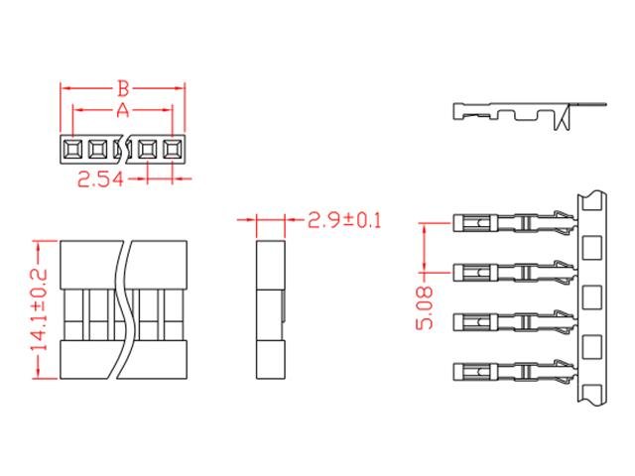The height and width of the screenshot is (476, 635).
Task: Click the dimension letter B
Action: tap(124, 87)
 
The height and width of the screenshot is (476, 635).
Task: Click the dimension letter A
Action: tap(123, 110)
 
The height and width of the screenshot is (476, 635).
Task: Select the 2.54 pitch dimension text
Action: tap(106, 179)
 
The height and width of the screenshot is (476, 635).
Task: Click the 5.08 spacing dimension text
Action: tap(425, 307)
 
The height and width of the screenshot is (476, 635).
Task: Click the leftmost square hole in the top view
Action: tap(72, 150)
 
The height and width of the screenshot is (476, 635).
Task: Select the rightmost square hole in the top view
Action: tap(174, 150)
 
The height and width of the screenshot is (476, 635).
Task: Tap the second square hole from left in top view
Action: tap(97, 150)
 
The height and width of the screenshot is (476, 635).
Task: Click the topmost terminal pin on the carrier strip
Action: tap(511, 220)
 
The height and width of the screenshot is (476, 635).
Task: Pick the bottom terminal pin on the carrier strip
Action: tap(511, 372)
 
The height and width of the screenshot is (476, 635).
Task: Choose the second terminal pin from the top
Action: tap(511, 271)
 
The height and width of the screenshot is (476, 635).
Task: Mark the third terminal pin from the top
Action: tap(511, 321)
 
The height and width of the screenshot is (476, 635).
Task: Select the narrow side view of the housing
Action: tap(270, 307)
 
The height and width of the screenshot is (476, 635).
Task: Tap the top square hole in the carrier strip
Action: tap(593, 246)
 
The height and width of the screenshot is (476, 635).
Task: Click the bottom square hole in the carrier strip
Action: tap(593, 346)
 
